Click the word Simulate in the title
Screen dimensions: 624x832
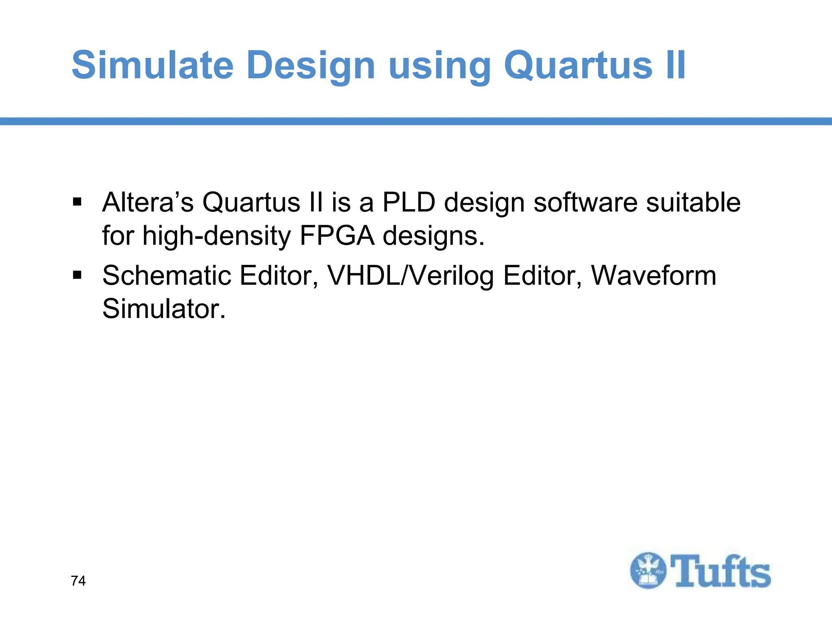pos(152,65)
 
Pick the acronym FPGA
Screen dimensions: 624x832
pos(337,236)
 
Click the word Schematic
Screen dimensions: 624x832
pos(167,275)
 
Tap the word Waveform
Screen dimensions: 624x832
pos(653,275)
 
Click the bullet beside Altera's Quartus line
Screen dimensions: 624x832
pos(77,202)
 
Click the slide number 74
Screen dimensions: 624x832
pos(78,581)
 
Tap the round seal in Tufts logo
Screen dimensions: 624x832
pos(648,570)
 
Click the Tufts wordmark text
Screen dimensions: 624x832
pos(720,571)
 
